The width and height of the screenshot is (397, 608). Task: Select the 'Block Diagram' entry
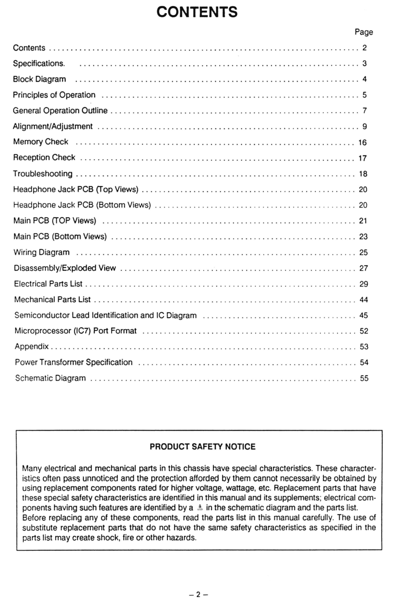tap(39, 79)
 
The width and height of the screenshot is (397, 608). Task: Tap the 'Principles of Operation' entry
tap(54, 95)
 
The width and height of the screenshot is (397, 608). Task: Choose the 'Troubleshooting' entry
tap(43, 174)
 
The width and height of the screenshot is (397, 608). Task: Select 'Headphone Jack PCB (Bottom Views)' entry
tap(82, 205)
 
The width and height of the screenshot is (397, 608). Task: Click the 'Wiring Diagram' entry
tap(41, 252)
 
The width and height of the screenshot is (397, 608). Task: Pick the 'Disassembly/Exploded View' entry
tap(65, 268)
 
